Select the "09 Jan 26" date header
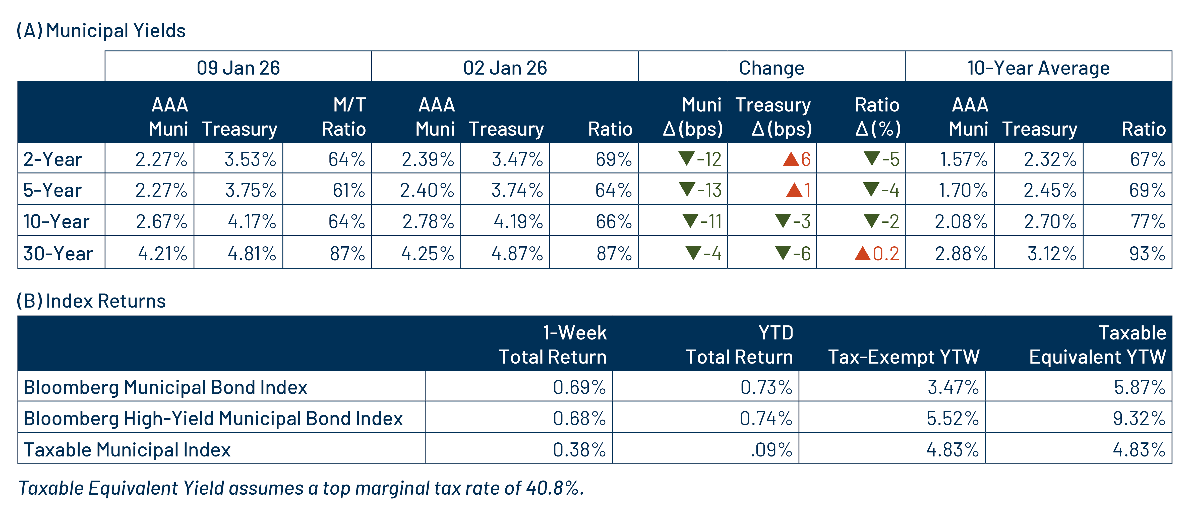coord(238,68)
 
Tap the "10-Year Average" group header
coord(1038,68)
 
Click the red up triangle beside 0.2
coord(862,253)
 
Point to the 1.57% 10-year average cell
coord(963,159)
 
